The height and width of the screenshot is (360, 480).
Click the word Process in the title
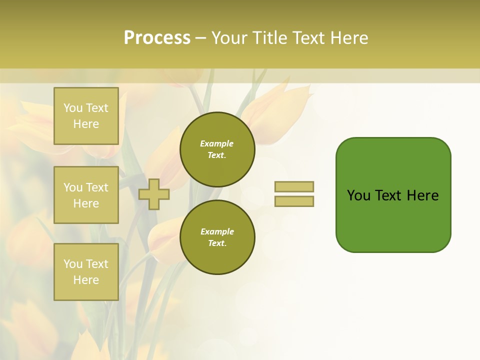click(157, 38)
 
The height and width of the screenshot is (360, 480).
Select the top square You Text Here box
click(86, 116)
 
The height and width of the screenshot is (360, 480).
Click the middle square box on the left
click(86, 195)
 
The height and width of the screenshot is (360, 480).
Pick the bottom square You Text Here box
click(86, 272)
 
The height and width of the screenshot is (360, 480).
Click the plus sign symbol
click(154, 194)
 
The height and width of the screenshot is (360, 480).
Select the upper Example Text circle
click(217, 149)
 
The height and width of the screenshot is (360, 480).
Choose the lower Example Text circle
click(217, 237)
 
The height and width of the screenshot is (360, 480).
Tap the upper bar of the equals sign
click(294, 186)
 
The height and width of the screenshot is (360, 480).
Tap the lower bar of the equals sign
click(294, 201)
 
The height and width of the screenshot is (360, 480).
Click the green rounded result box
click(393, 194)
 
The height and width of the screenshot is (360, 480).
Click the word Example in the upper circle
click(216, 143)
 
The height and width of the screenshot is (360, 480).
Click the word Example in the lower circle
click(217, 231)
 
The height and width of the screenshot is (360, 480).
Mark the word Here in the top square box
click(86, 124)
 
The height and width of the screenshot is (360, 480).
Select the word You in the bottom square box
click(73, 264)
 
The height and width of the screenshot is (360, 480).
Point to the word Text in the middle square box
click(96, 187)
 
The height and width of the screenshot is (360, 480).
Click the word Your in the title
click(230, 38)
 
